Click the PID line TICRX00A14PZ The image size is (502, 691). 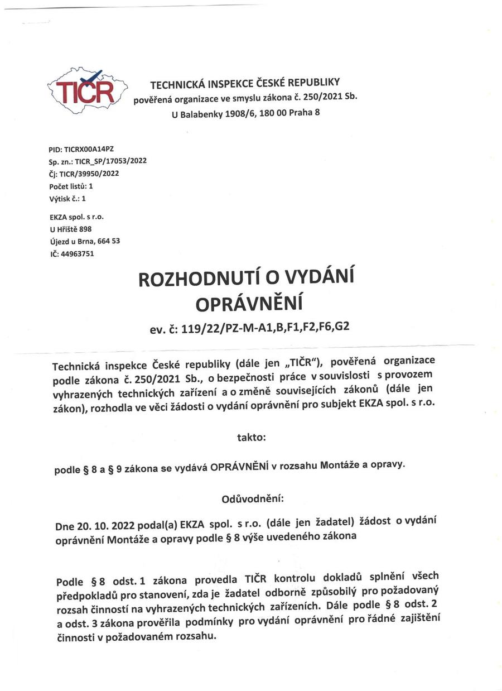tap(81, 150)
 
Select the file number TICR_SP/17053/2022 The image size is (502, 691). tap(110, 161)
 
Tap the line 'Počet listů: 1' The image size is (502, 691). tap(71, 186)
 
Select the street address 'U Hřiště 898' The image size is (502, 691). tap(70, 229)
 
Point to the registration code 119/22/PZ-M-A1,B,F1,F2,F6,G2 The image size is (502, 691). tap(263, 327)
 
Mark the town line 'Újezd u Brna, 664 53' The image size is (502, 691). tap(84, 241)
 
